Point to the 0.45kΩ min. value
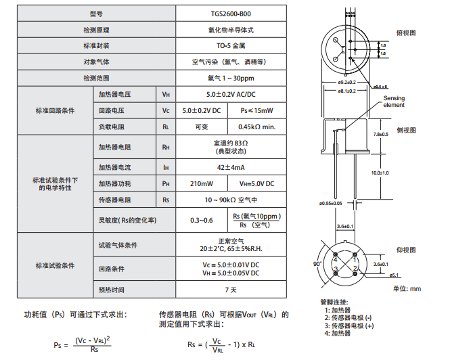coord(258,127)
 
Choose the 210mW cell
coord(202,183)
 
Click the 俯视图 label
coord(406,32)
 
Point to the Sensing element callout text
coord(394,102)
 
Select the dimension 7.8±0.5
coord(381,135)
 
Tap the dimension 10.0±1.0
coord(380,173)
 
